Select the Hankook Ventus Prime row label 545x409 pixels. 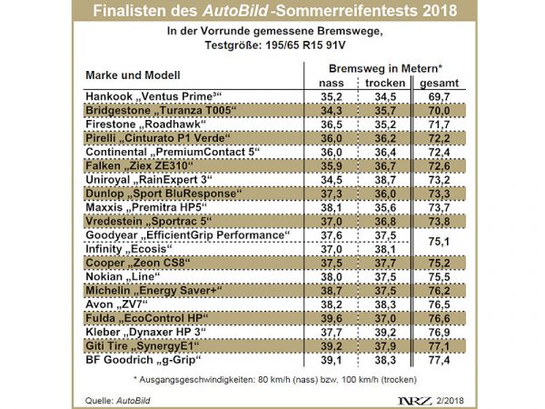(154, 95)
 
